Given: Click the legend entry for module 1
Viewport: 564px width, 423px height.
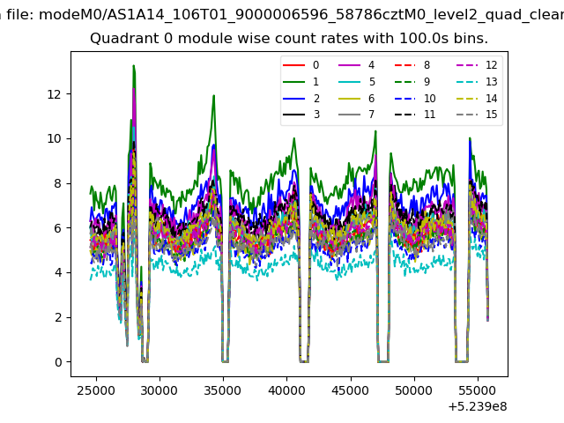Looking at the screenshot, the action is click(x=301, y=82).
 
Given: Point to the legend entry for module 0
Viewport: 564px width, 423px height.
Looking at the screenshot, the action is click(x=301, y=65).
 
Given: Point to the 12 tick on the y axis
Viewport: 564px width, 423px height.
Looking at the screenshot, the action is click(x=54, y=94).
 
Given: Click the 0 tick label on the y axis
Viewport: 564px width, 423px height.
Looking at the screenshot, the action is click(x=58, y=362).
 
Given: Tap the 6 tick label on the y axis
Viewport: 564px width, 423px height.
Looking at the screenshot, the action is click(x=58, y=228).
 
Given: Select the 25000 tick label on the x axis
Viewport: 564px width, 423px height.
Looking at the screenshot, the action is click(x=96, y=390).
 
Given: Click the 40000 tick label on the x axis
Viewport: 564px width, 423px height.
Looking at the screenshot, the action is click(x=286, y=390).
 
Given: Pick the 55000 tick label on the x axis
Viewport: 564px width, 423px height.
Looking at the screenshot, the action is click(x=478, y=390).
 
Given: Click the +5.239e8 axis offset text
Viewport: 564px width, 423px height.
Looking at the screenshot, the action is click(x=478, y=407).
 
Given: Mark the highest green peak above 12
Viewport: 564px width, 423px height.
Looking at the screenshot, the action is click(x=133, y=66).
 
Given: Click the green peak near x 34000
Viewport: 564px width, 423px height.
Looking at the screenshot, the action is click(x=213, y=96).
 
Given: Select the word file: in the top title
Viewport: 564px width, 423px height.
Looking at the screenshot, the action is click(x=20, y=15).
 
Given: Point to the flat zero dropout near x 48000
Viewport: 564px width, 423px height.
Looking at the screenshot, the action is click(x=383, y=361).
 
